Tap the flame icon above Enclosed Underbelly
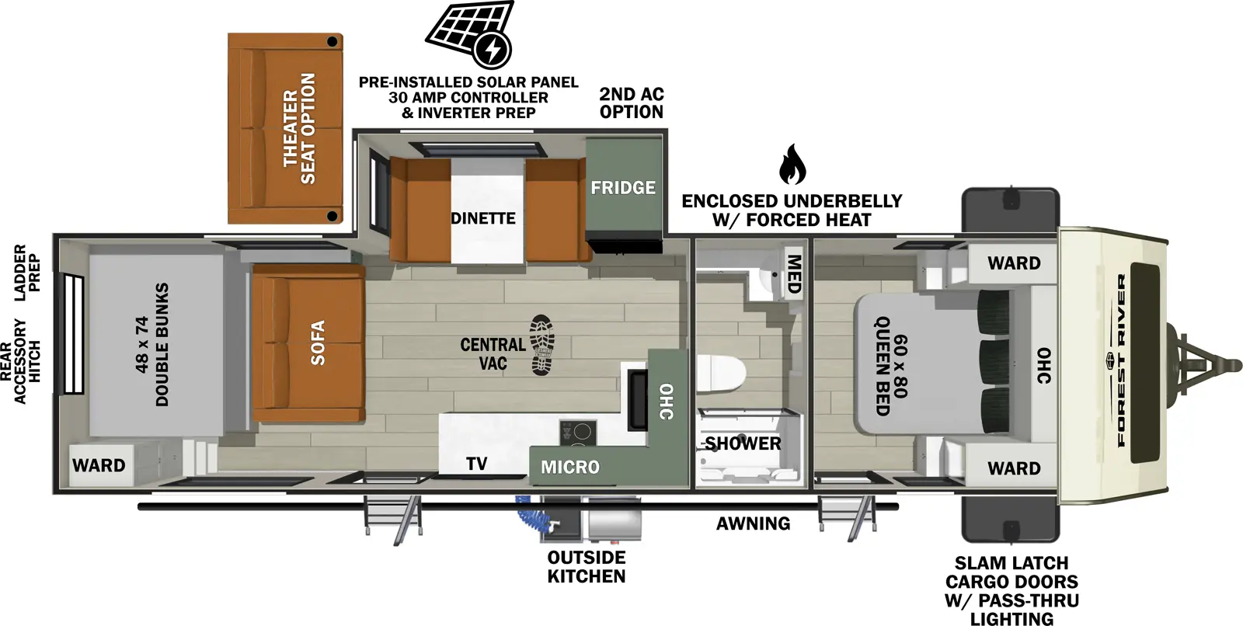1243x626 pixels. (x=792, y=164)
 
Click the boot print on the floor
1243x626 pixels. (x=543, y=346)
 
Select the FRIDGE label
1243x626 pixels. (x=623, y=187)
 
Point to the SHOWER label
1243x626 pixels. (x=743, y=443)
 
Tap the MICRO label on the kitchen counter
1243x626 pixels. (x=570, y=467)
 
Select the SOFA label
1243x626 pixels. (x=318, y=343)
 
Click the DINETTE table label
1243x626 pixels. (x=483, y=218)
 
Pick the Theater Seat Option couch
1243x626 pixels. (x=286, y=129)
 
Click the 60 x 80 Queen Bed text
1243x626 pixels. (x=890, y=364)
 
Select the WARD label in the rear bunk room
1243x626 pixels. (x=99, y=465)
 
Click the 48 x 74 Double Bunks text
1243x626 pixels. (x=151, y=344)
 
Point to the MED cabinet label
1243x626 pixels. (x=793, y=273)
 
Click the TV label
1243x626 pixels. (x=476, y=464)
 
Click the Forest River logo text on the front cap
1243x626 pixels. (x=1122, y=360)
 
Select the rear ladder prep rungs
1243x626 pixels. (x=73, y=334)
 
